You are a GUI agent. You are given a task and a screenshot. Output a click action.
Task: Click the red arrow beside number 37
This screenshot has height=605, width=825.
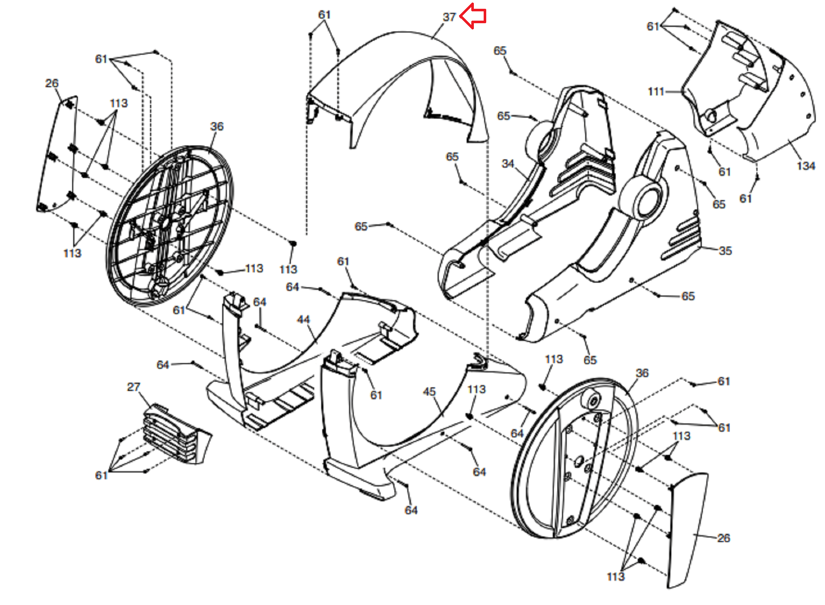point(473,16)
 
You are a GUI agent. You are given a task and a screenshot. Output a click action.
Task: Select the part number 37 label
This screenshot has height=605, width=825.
point(449,17)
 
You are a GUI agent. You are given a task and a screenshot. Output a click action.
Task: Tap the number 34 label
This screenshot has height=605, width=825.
point(508,163)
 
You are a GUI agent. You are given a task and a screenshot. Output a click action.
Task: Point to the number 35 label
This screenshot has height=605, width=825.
point(725,251)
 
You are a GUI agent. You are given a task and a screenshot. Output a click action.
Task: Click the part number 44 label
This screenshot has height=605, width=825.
point(303,320)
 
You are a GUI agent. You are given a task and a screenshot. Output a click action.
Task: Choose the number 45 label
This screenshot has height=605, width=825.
point(429,392)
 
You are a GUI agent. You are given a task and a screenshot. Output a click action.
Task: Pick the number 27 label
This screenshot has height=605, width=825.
point(134,387)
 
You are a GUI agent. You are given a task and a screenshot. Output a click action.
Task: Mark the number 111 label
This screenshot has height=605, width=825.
point(655,92)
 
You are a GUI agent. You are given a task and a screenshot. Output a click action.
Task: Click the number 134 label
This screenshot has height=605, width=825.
point(805,166)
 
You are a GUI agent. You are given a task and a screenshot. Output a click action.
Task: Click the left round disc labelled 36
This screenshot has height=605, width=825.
point(170,224)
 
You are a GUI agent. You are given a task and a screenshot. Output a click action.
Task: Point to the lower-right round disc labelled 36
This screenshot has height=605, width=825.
point(575,459)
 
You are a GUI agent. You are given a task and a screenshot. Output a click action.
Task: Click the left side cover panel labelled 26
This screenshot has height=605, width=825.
point(57,155)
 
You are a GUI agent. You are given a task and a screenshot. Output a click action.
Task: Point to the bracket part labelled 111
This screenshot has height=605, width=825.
point(727,77)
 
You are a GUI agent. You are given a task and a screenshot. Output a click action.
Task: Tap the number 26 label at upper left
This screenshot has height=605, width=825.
point(52,83)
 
